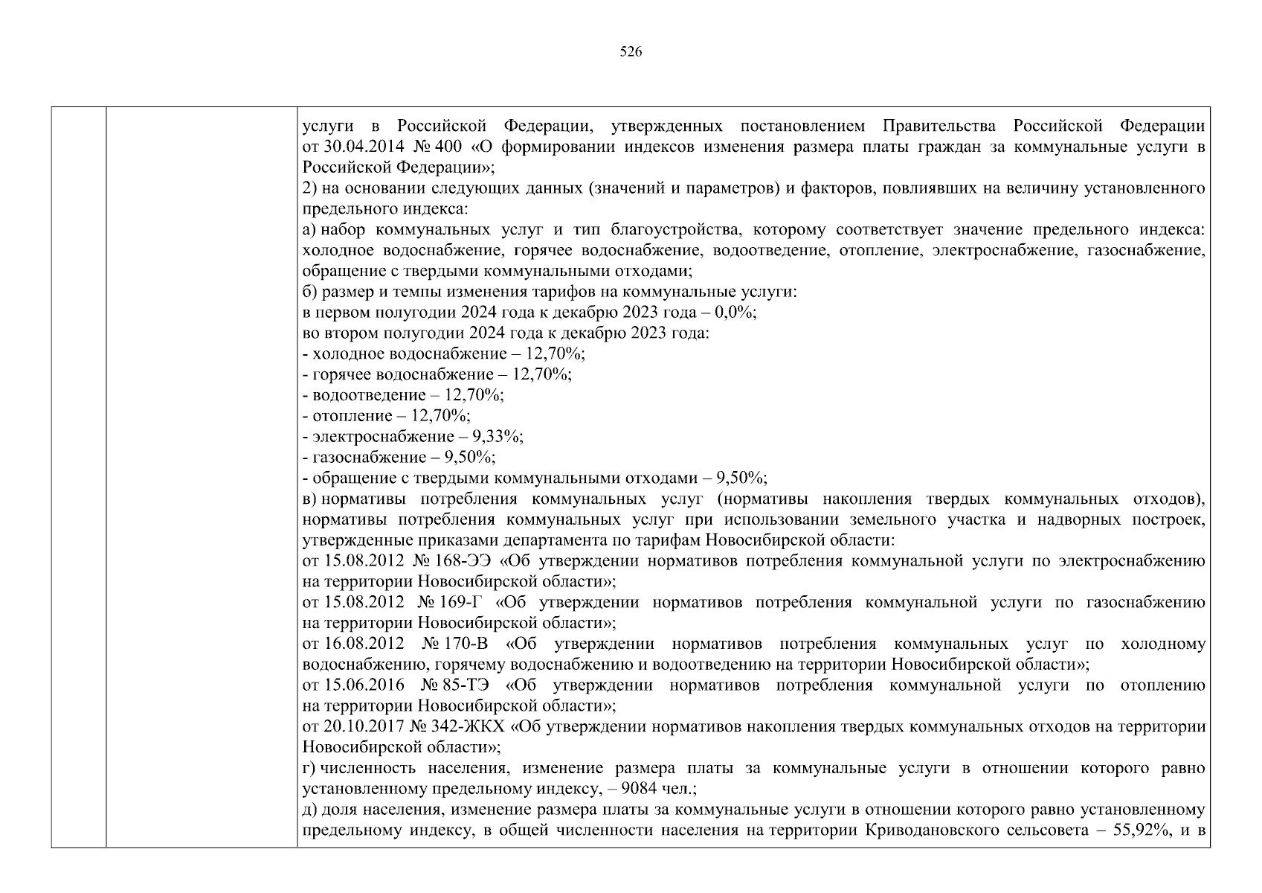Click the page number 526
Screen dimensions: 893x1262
coord(631,51)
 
